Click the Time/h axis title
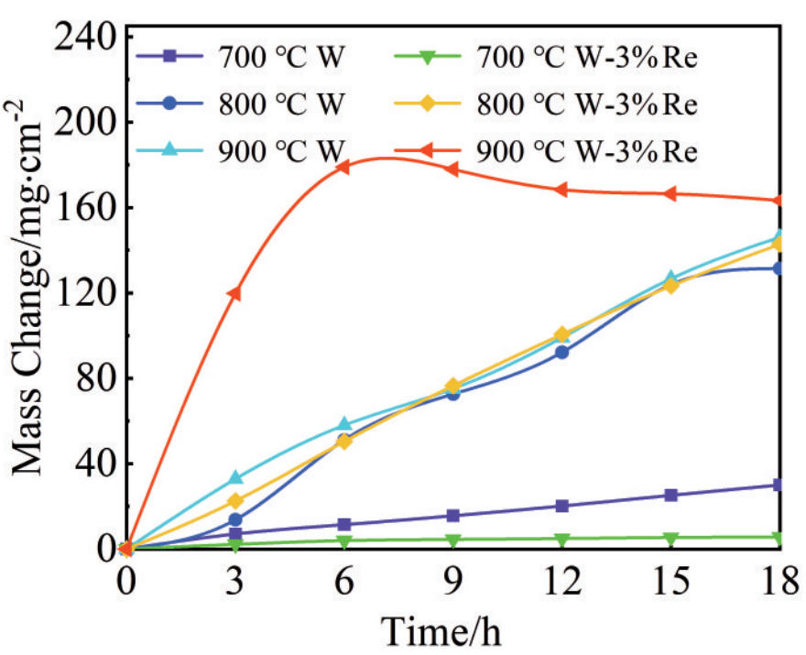[442, 630]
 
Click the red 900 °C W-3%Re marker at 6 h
[343, 167]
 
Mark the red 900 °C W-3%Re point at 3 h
[234, 293]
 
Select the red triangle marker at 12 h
[561, 190]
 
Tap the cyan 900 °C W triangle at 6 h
[343, 424]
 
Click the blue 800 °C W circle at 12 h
[561, 352]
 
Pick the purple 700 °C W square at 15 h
[670, 495]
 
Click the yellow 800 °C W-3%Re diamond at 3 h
[234, 501]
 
